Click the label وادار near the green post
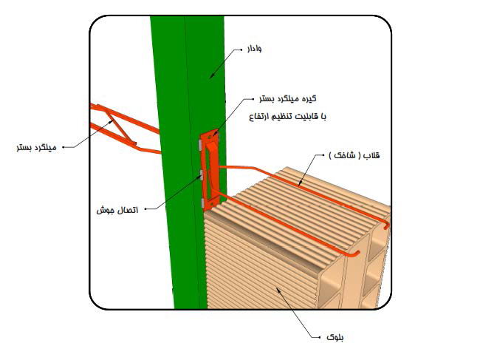(254, 49)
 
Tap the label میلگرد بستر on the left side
(37, 147)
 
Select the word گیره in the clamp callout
(309, 98)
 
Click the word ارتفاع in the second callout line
(258, 117)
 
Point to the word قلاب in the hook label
(371, 155)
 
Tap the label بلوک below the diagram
(335, 337)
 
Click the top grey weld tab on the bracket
(199, 144)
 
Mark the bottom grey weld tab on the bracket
(202, 203)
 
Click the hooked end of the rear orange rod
(386, 227)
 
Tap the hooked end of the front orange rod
(356, 254)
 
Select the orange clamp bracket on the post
(210, 169)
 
